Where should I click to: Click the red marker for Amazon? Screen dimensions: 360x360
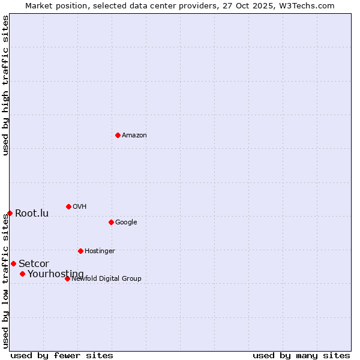click(x=118, y=135)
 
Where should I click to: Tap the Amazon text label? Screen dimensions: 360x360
click(x=134, y=136)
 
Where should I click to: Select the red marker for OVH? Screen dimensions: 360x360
click(x=68, y=206)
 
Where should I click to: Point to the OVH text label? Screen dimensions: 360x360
click(x=80, y=207)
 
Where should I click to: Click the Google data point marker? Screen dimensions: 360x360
click(x=111, y=222)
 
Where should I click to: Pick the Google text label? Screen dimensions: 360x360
click(x=126, y=223)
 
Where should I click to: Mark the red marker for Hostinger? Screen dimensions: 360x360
click(x=80, y=251)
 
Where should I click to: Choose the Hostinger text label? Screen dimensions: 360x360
click(x=100, y=251)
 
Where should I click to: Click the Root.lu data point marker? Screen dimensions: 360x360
click(x=10, y=213)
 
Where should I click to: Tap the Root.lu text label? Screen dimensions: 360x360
click(x=32, y=214)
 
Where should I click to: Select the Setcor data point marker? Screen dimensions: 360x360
click(x=13, y=263)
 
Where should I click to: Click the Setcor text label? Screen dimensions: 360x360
click(x=34, y=264)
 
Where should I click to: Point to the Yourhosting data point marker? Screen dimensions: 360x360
click(x=22, y=274)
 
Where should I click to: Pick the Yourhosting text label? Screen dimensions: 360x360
click(x=56, y=274)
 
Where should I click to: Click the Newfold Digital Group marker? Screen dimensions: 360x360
click(x=67, y=278)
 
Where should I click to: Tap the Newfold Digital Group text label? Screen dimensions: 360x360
click(x=106, y=278)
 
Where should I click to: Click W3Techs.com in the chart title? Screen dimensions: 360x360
click(x=308, y=6)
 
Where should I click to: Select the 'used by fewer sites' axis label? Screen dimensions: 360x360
click(x=62, y=355)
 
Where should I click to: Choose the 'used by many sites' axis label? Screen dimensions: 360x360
click(x=301, y=355)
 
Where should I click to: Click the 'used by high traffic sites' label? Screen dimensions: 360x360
click(x=6, y=85)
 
